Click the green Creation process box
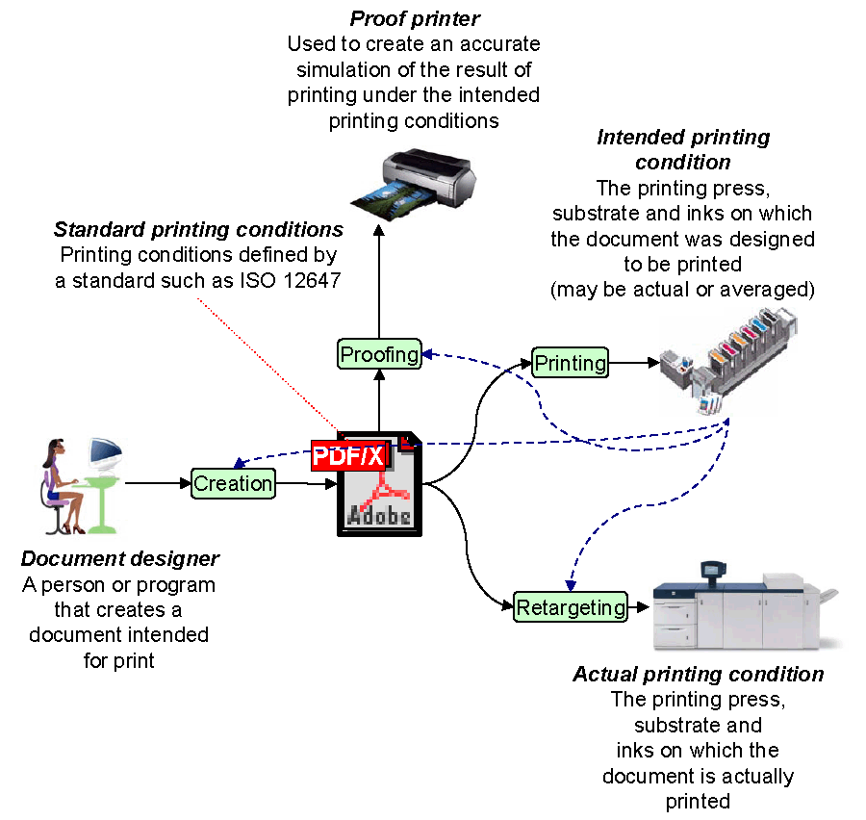point(233,483)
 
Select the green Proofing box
point(379,354)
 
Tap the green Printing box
point(570,363)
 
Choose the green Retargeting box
point(570,607)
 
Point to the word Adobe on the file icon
point(379,516)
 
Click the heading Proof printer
point(415,19)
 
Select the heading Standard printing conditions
point(198,230)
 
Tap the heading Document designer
point(120,559)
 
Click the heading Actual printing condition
point(698,674)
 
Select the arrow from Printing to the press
point(635,363)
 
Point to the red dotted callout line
point(269,366)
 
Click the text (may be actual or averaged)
point(682,289)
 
